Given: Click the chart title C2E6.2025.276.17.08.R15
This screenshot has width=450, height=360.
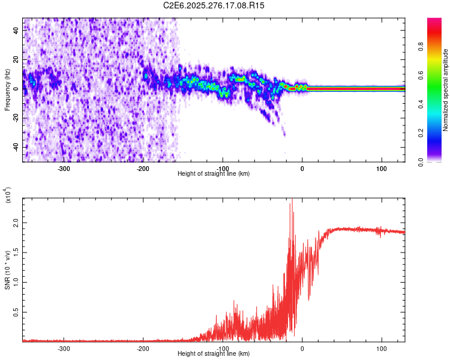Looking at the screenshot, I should [214, 5].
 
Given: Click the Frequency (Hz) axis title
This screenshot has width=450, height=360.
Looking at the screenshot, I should [7, 91].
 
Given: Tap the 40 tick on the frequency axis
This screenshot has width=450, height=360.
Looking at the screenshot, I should [16, 31].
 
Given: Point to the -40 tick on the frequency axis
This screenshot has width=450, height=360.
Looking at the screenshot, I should [16, 147].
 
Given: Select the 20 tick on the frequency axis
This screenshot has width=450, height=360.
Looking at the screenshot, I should [16, 60].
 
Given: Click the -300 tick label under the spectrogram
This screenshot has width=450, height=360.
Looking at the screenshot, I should [63, 169].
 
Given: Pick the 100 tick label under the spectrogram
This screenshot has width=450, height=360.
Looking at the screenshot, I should [382, 169].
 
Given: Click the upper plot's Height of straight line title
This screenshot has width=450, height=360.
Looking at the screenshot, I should [214, 173].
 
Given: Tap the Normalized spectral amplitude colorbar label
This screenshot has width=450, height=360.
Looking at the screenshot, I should [446, 91].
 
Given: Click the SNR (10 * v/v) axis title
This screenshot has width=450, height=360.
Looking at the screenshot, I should [7, 269].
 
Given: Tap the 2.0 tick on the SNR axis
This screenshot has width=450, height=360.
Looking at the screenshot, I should [16, 223].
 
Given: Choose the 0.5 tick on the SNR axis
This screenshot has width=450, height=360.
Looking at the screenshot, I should [16, 311].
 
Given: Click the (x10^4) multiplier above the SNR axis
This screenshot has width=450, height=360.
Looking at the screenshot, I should [8, 196].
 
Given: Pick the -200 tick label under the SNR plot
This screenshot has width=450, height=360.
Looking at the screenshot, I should [143, 349].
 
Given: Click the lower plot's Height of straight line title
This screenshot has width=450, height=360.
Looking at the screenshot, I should [214, 353].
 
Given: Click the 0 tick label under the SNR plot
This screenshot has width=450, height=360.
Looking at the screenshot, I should [302, 349].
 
